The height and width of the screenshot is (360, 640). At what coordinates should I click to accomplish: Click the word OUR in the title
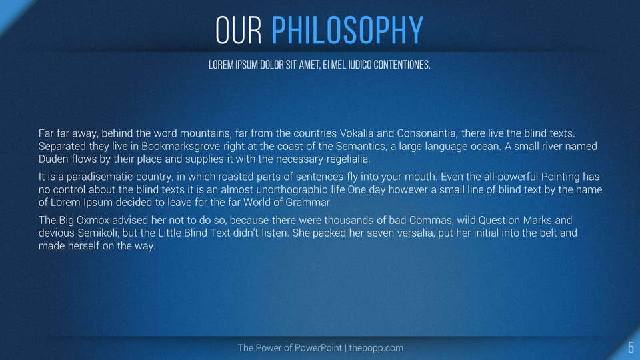pos(239,30)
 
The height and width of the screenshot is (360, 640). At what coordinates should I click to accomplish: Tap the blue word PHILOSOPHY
pos(347,30)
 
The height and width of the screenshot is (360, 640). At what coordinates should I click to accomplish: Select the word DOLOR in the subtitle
pos(272,65)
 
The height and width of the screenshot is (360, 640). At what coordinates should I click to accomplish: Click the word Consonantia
pos(427,133)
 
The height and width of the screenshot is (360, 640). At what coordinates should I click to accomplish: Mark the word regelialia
pos(348,159)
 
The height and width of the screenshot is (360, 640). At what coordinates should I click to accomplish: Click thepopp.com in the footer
pos(376,348)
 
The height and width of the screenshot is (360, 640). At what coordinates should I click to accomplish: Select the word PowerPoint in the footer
pos(318,348)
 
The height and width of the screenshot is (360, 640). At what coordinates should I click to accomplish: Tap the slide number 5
pos(631,348)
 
